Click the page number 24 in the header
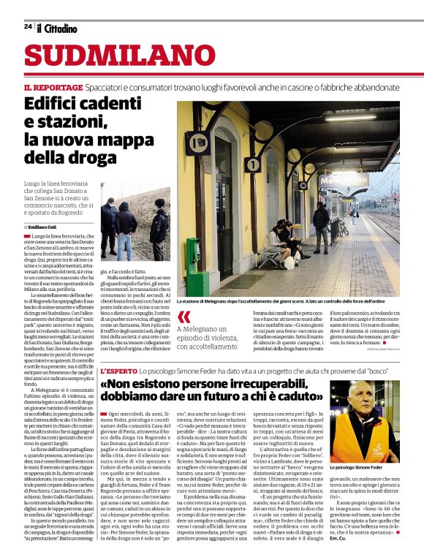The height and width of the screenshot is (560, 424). [28, 26]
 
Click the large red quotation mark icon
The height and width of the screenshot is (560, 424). [183, 317]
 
